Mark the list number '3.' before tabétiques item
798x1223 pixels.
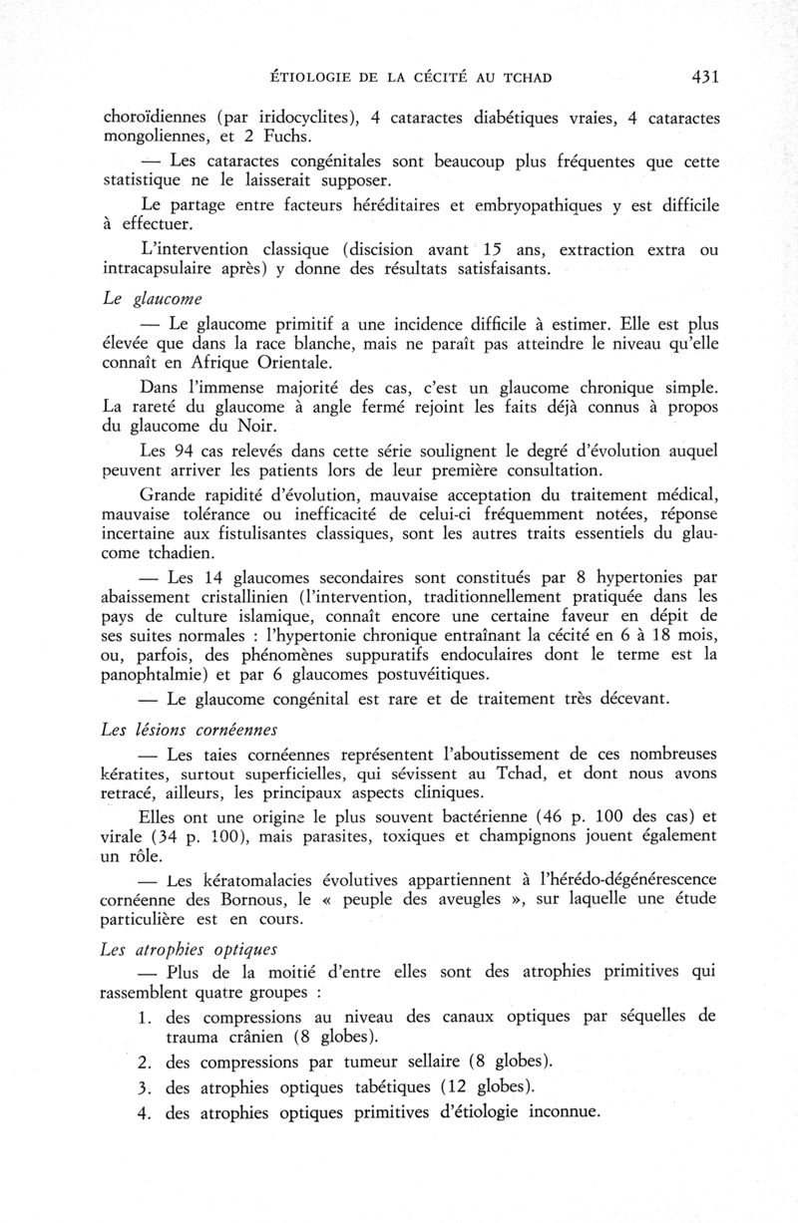pyautogui.click(x=144, y=1085)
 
